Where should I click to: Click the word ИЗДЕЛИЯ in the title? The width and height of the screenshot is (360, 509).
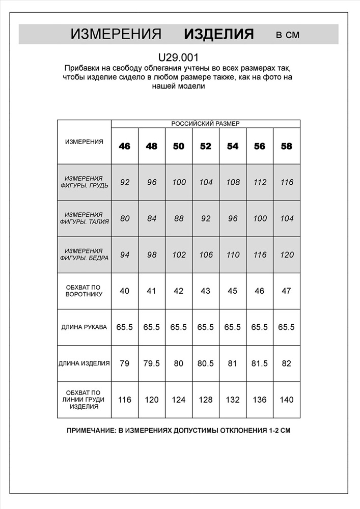[218, 34]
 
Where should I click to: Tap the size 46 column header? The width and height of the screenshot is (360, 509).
[125, 146]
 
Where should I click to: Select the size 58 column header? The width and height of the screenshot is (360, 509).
[287, 146]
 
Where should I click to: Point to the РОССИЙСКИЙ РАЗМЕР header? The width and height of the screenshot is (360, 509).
[205, 124]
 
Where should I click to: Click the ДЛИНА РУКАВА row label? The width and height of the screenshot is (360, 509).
[84, 327]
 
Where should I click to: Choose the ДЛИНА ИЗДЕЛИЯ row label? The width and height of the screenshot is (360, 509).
[84, 363]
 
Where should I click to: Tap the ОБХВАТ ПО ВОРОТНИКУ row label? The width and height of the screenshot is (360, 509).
[84, 291]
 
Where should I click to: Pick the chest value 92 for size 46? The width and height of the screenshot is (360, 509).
[125, 182]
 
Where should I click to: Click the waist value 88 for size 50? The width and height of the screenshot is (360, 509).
[179, 218]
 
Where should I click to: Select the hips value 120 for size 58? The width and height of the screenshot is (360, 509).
[287, 254]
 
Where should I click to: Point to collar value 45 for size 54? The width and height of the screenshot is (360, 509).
[233, 291]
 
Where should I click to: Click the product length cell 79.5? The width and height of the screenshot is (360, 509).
[152, 363]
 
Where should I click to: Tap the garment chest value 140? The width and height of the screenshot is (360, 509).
[287, 400]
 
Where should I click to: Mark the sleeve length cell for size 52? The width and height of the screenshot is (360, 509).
[206, 327]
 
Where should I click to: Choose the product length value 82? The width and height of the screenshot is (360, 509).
[287, 363]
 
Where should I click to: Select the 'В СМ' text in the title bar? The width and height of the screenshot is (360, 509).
[288, 35]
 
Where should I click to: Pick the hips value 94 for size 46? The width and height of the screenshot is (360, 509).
[125, 254]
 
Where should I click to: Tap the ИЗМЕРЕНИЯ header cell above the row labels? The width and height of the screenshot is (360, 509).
[84, 142]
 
